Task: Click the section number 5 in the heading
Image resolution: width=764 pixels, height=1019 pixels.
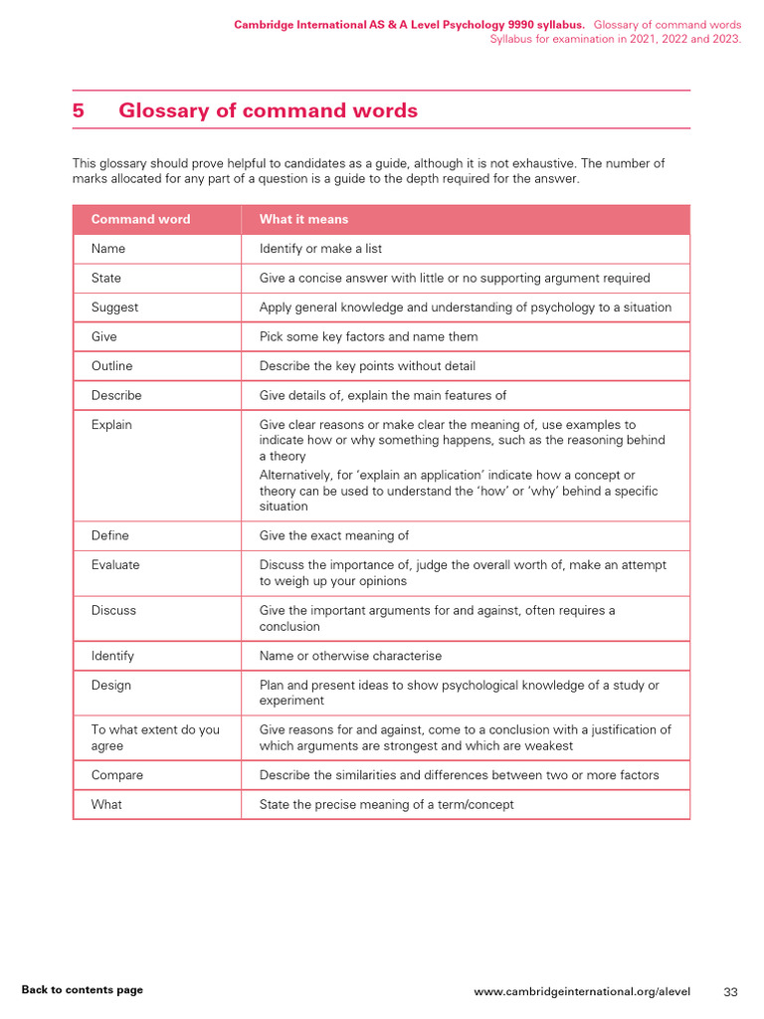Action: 79,110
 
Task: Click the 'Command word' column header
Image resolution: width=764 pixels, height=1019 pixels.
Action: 140,219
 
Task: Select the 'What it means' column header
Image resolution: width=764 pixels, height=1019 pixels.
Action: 303,219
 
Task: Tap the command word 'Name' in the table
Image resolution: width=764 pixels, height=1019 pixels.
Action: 108,249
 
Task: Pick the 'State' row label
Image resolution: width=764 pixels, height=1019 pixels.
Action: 106,278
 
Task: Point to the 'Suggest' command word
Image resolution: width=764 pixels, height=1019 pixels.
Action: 114,307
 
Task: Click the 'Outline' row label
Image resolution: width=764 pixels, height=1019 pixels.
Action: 111,366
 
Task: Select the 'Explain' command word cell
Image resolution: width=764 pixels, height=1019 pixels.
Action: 111,425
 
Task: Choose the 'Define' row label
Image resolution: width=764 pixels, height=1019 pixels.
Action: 109,535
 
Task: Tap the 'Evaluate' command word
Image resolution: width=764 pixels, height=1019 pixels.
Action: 115,565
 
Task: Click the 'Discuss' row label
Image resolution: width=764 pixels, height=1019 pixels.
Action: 113,610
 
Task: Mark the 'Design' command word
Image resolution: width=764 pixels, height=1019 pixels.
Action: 111,686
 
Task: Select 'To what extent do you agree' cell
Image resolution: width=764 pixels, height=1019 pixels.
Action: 154,737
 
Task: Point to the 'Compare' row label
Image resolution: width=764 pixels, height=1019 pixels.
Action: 116,775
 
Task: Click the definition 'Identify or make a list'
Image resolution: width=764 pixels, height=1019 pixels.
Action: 320,249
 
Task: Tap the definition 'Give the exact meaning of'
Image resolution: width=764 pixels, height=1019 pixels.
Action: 333,535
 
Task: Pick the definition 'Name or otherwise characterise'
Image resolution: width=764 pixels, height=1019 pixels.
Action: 350,656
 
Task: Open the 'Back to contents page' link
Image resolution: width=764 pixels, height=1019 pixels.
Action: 82,990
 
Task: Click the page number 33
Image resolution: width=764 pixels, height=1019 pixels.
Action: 730,992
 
